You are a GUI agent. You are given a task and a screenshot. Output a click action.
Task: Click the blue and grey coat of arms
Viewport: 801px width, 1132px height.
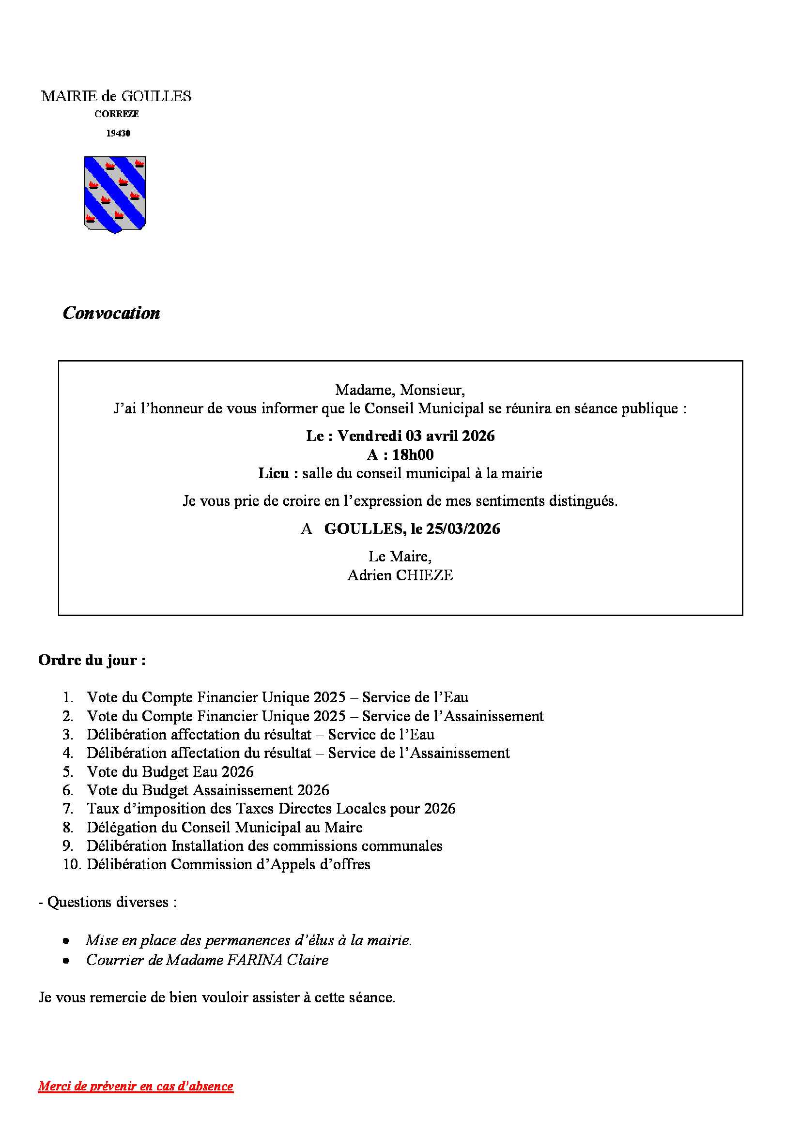[x=115, y=195]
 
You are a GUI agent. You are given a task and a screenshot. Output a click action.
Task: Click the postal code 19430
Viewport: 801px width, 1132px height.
[x=118, y=133]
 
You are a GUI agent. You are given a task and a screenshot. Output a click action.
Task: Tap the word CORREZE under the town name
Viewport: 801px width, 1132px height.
[x=116, y=114]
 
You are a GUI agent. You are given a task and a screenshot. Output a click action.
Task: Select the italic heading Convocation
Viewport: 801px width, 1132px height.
[x=111, y=313]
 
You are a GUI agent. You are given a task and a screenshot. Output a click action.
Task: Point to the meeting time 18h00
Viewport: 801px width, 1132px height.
[x=413, y=454]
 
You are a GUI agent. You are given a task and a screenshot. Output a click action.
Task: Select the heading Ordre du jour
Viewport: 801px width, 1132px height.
[x=92, y=660]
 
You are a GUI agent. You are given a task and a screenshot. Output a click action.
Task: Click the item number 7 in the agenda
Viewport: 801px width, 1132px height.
[x=68, y=809]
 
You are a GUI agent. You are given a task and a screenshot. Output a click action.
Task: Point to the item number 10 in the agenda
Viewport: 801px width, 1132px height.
[x=72, y=864]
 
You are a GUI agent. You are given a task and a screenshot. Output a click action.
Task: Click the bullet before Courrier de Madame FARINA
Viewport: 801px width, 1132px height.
[x=66, y=960]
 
